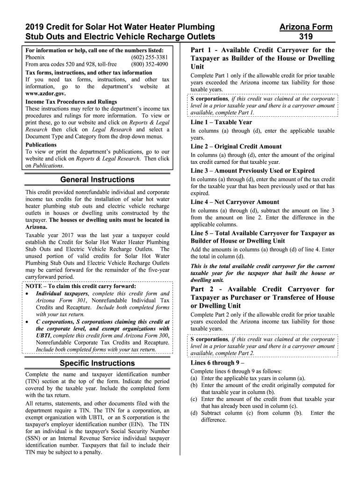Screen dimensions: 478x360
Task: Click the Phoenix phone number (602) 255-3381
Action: pos(150,57)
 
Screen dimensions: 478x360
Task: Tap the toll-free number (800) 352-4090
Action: pos(150,65)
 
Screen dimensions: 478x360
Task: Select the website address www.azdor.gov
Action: pos(46,94)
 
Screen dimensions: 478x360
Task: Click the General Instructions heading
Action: pos(97,180)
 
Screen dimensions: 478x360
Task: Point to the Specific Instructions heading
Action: pos(97,363)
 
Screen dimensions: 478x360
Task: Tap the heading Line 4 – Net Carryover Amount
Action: pos(235,202)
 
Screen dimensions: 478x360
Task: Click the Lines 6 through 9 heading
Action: pos(217,362)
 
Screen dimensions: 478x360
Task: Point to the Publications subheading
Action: pos(41,145)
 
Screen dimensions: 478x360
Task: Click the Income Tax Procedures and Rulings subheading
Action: pos(71,101)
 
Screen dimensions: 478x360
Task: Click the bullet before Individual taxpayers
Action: pos(29,294)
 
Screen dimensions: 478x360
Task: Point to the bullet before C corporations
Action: pos(29,322)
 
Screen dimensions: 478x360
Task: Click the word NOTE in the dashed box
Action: pos(35,286)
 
